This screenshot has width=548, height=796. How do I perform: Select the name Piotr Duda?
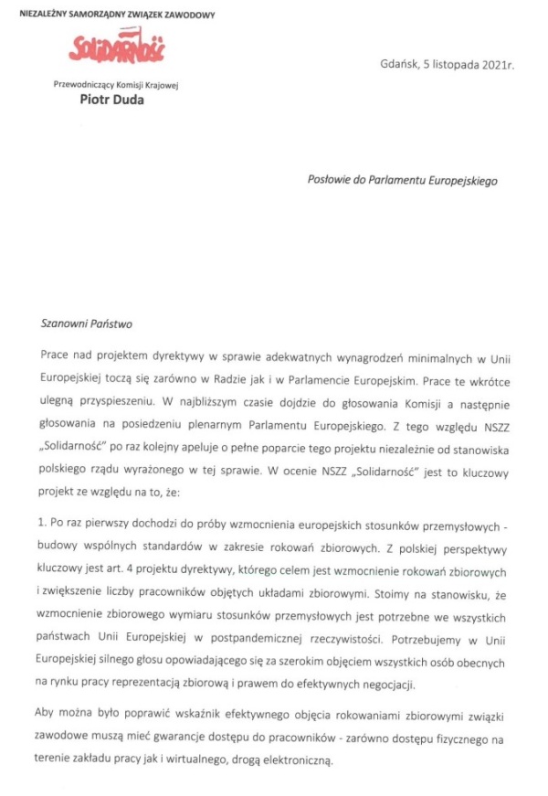[111, 101]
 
